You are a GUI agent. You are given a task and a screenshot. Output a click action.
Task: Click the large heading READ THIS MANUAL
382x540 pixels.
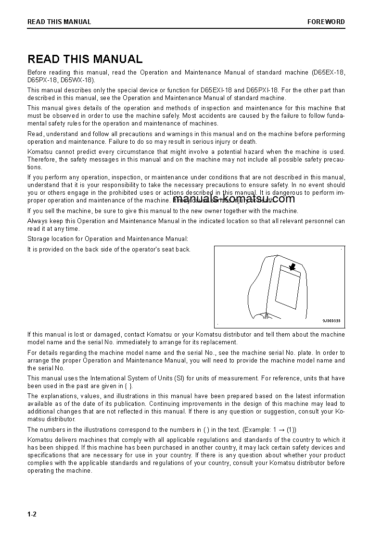click(x=85, y=59)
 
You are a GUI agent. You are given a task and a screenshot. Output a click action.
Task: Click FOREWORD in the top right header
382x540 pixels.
click(x=326, y=22)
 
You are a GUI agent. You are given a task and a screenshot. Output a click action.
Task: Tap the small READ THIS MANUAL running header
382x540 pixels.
click(x=59, y=22)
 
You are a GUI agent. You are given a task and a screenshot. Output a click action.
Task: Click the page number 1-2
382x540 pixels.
click(x=32, y=515)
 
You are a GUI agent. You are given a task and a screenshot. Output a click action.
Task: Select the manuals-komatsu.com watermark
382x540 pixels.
click(x=233, y=199)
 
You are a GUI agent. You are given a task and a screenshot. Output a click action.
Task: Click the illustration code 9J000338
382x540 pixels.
click(x=331, y=321)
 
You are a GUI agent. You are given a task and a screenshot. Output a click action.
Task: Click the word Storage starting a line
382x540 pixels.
click(x=39, y=239)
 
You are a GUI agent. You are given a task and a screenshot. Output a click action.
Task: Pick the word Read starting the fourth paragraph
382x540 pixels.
click(x=35, y=134)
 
